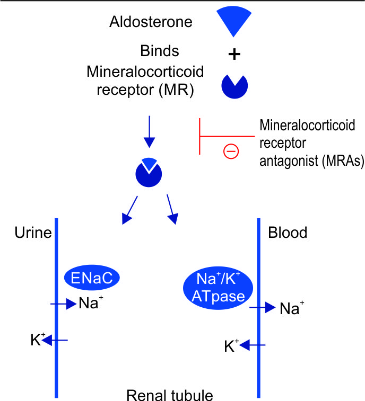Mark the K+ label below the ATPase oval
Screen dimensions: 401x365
click(230, 346)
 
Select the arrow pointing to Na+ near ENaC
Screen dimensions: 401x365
click(63, 304)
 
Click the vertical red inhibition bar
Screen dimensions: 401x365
click(199, 136)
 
